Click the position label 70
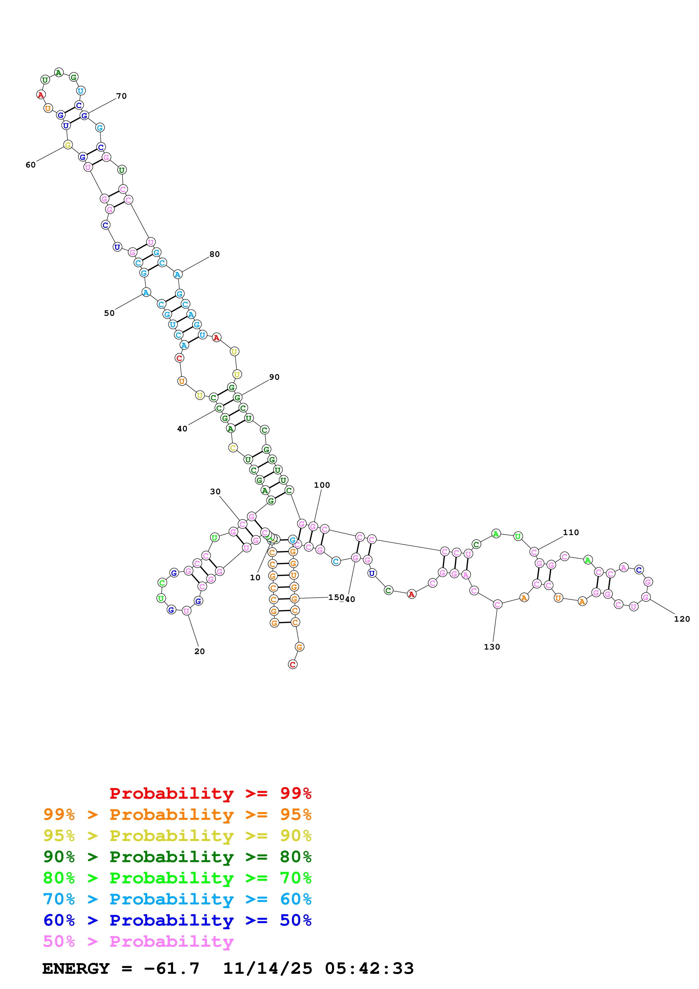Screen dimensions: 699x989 122,96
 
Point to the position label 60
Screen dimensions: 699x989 30,165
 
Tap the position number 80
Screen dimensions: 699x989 215,254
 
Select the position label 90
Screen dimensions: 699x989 274,377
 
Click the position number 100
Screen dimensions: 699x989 322,485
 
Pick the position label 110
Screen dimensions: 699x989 571,532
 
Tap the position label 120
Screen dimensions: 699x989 682,619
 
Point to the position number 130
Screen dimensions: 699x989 492,647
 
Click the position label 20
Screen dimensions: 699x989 199,651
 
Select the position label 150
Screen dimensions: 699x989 336,597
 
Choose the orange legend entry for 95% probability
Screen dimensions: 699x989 177,814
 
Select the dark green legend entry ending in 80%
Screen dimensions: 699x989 177,857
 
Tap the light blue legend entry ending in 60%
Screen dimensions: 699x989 177,899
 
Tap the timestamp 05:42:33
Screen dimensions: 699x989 369,968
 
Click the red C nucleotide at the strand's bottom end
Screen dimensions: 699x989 292,665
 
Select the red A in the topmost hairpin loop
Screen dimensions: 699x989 41,95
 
